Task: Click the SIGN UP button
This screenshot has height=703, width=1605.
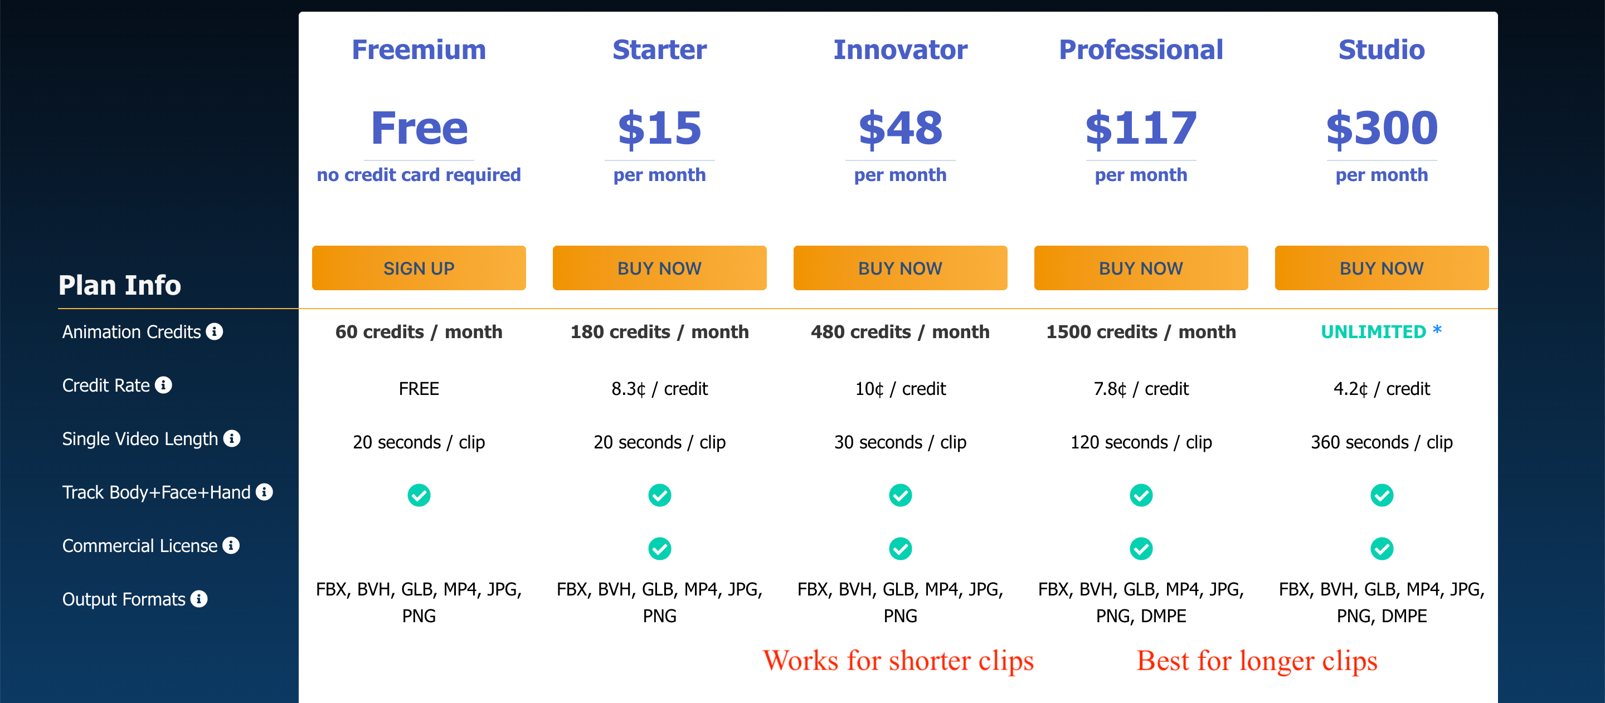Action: (x=419, y=268)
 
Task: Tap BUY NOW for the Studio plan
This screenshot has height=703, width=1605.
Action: (x=1382, y=268)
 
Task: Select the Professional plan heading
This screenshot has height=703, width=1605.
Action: (x=1141, y=50)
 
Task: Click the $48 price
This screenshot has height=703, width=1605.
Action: (x=901, y=128)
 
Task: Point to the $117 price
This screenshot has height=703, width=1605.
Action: (x=1141, y=128)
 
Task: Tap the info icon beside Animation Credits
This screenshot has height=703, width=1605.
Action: (x=215, y=331)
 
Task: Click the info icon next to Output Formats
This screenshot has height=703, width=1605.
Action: (x=199, y=598)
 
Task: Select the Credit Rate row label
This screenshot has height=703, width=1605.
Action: (x=106, y=385)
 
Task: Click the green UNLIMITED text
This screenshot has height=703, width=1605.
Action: (x=1373, y=332)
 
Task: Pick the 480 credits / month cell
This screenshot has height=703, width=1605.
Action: (x=901, y=332)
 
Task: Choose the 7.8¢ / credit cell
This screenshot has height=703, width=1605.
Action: (x=1141, y=389)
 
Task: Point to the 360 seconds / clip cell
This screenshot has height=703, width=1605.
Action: (x=1382, y=442)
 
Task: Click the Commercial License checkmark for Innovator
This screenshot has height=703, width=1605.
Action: (x=901, y=549)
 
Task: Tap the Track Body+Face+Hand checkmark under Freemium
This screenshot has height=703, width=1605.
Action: (x=419, y=495)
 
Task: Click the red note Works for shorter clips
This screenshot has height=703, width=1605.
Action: (x=898, y=661)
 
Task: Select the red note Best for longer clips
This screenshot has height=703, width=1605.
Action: (x=1257, y=661)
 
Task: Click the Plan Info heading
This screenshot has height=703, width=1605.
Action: (x=120, y=285)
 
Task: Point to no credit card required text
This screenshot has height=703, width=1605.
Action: (x=419, y=175)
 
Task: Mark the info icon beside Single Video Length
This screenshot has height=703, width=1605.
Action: (x=232, y=438)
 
